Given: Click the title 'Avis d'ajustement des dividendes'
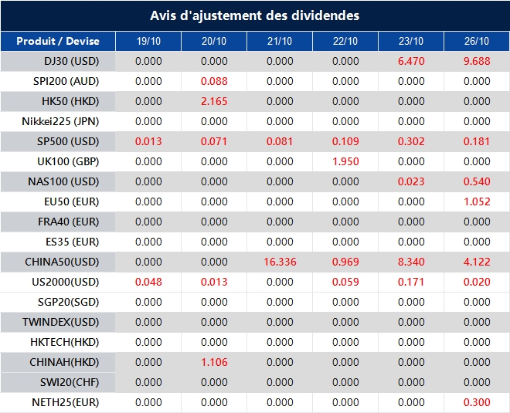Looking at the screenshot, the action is [255, 15].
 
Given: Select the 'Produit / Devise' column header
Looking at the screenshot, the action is [58, 41].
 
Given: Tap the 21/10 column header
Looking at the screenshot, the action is [280, 41].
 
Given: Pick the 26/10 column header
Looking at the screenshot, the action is [477, 41].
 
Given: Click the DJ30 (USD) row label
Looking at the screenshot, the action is [72, 61].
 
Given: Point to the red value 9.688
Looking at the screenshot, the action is [477, 61].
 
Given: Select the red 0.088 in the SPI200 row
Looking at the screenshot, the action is [214, 81].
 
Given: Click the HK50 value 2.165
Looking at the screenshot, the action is [214, 101].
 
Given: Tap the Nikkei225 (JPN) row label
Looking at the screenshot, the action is [60, 121].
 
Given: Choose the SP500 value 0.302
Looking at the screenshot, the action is [411, 141].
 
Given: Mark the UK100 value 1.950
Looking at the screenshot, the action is [345, 161].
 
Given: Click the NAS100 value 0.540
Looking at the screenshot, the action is [477, 181].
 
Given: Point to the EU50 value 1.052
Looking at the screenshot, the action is [477, 201].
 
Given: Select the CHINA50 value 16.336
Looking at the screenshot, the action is [280, 262].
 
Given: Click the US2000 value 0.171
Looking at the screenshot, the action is [411, 282].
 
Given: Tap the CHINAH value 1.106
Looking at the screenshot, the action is [214, 362].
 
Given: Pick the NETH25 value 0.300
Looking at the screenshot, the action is [477, 403].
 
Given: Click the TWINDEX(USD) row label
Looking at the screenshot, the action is [60, 323].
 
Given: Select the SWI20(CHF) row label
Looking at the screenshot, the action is [70, 382].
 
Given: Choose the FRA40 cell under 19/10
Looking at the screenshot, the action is [148, 222].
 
